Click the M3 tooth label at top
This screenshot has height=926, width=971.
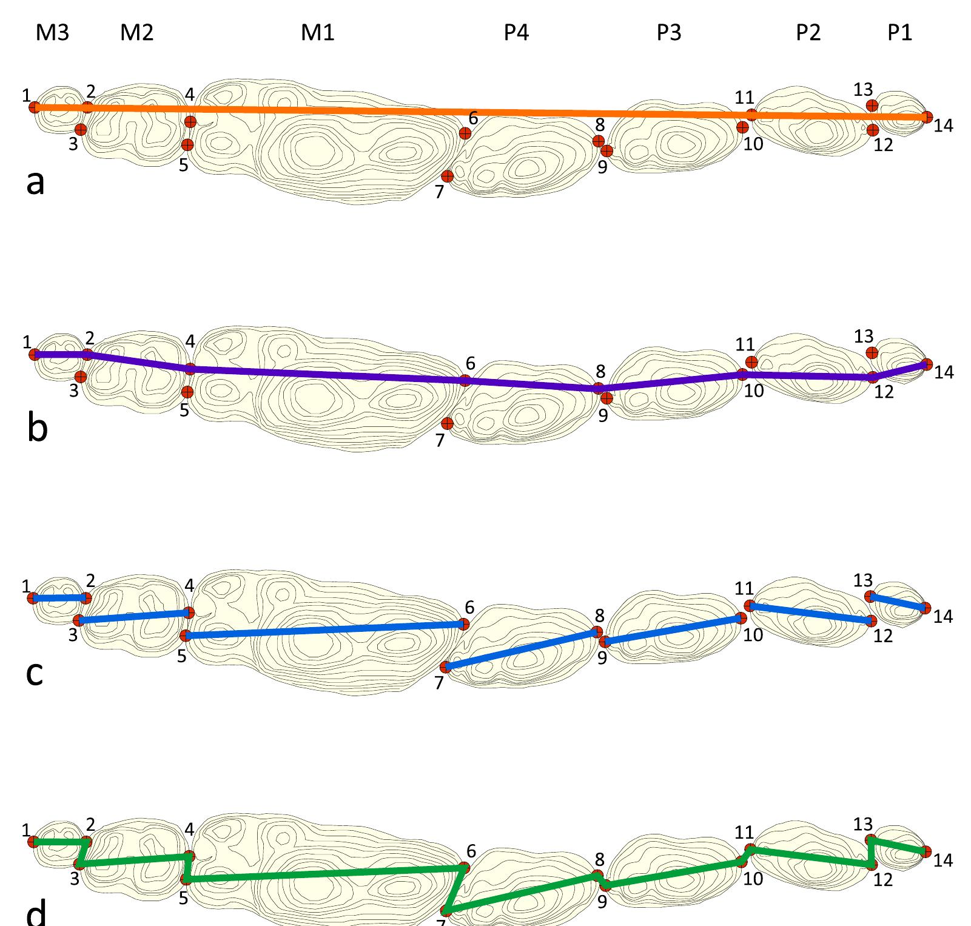[53, 33]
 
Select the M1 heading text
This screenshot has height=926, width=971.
[318, 33]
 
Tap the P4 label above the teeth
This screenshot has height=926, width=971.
[517, 33]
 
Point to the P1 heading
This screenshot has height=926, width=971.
[899, 33]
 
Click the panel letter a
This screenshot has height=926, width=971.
[36, 182]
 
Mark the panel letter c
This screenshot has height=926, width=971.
[35, 673]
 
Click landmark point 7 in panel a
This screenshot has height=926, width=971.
[448, 176]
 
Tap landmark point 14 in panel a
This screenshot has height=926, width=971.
[927, 117]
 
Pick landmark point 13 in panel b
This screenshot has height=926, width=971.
[872, 353]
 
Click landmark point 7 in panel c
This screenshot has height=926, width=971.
[445, 667]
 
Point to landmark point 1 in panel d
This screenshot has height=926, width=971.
[33, 842]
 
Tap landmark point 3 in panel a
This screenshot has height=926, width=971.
[81, 130]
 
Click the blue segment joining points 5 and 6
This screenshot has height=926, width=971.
[324, 630]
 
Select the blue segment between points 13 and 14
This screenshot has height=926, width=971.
[898, 602]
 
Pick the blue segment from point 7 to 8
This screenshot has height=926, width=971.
[522, 649]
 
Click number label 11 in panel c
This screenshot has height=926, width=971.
[744, 589]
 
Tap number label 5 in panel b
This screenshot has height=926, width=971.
[184, 411]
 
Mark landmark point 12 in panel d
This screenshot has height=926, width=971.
[872, 865]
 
